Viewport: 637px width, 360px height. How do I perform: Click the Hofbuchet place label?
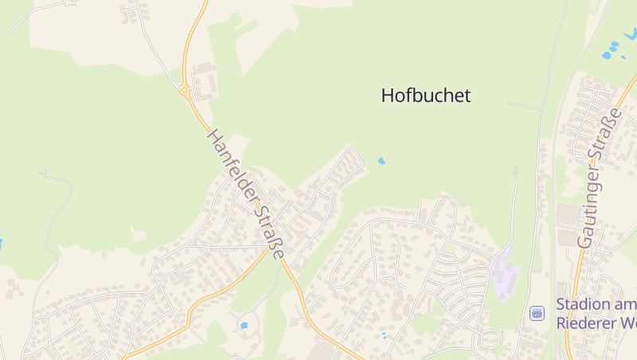click(426, 96)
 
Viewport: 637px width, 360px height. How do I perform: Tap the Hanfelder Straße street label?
click(246, 194)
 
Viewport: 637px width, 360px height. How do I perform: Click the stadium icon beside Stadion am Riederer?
click(537, 313)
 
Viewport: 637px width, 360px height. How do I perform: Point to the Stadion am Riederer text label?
click(596, 314)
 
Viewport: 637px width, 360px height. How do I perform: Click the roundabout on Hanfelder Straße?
click(185, 91)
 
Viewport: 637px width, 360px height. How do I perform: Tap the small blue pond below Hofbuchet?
click(381, 161)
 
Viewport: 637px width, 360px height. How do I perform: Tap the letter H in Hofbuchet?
click(388, 96)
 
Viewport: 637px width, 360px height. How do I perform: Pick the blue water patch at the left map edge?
click(1, 242)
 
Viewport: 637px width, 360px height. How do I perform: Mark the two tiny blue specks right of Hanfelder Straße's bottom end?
click(383, 335)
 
